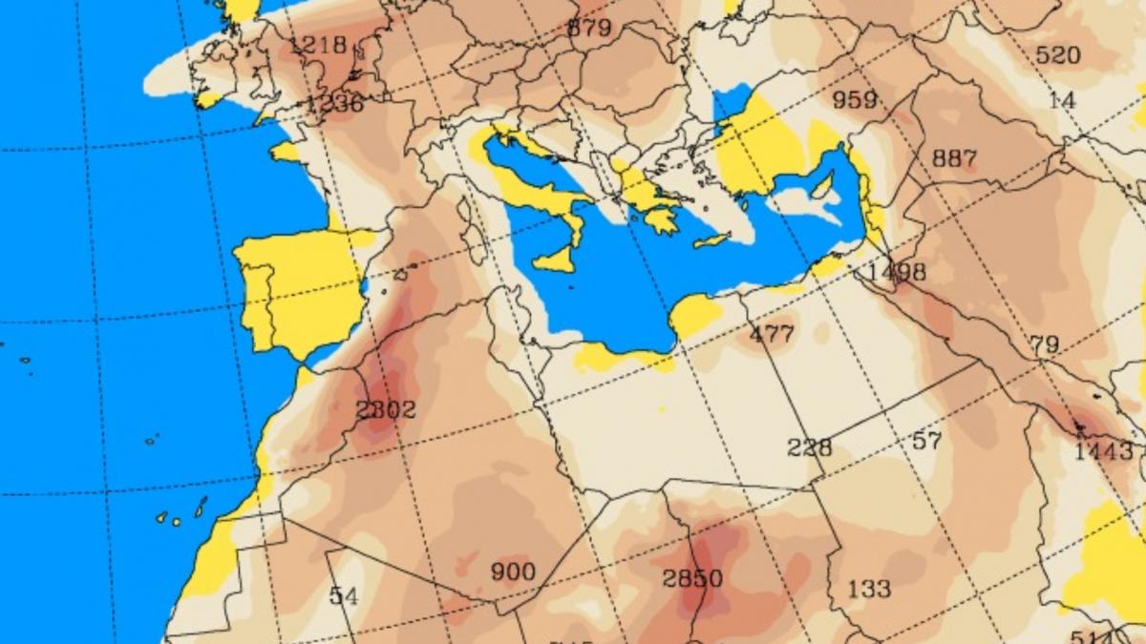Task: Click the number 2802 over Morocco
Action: coord(385,410)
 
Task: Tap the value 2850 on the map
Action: coord(692,579)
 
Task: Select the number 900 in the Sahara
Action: coord(513,572)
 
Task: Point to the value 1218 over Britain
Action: coord(317,45)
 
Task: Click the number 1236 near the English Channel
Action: coord(334,103)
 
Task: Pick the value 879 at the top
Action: coord(588,28)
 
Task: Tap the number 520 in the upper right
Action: coord(1057,55)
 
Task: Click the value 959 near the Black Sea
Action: coord(855,99)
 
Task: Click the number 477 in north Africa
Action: coord(772,335)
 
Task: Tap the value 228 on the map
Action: coord(809,447)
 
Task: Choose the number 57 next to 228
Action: coord(926,441)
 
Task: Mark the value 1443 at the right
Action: coord(1103,451)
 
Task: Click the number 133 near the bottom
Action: coord(868,589)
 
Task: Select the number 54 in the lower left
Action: coord(343,596)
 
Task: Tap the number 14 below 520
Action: coord(1061,100)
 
